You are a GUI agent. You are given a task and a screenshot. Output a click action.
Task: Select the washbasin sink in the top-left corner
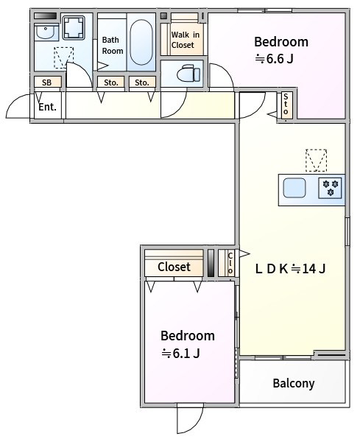click(x=46, y=32)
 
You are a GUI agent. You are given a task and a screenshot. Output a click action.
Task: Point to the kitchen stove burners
click(x=331, y=188)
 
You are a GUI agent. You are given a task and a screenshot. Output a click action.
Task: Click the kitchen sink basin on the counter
click(x=294, y=188)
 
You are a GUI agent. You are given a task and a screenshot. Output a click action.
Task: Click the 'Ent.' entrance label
click(x=47, y=107)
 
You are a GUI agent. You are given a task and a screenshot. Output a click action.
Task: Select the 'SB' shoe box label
click(x=46, y=83)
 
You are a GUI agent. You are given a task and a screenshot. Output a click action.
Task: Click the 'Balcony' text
click(x=293, y=383)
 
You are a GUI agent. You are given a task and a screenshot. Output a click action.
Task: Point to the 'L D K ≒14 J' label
click(x=290, y=268)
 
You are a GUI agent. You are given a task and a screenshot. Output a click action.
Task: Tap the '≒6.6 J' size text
click(x=274, y=60)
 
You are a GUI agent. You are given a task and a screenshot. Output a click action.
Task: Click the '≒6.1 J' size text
click(x=181, y=354)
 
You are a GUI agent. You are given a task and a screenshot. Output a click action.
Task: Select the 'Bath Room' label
click(x=112, y=46)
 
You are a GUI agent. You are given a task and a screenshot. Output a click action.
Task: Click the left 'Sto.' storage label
click(x=111, y=83)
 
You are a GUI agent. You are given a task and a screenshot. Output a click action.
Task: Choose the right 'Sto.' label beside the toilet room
click(x=143, y=83)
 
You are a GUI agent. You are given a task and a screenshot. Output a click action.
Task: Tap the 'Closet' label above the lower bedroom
click(x=174, y=267)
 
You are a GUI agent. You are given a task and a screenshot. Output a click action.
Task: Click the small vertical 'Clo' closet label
click(x=230, y=263)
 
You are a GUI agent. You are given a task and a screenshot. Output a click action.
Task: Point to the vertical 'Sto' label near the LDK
click(x=286, y=105)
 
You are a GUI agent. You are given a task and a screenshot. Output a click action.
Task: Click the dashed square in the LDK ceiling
click(x=316, y=160)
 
